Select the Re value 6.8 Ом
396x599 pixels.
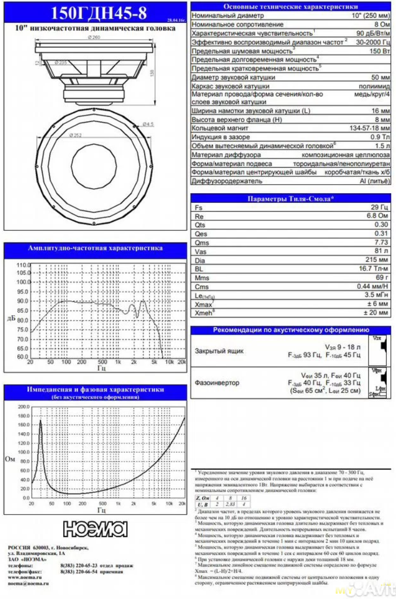tap(379, 217)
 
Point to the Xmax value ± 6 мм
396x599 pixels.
tap(378, 304)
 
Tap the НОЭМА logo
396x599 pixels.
tap(95, 529)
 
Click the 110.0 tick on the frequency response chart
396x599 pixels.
tap(23, 265)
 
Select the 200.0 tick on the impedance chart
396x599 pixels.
tap(24, 407)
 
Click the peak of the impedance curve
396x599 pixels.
tap(41, 420)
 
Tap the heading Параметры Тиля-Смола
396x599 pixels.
tap(291, 198)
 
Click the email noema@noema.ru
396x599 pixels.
tap(28, 584)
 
